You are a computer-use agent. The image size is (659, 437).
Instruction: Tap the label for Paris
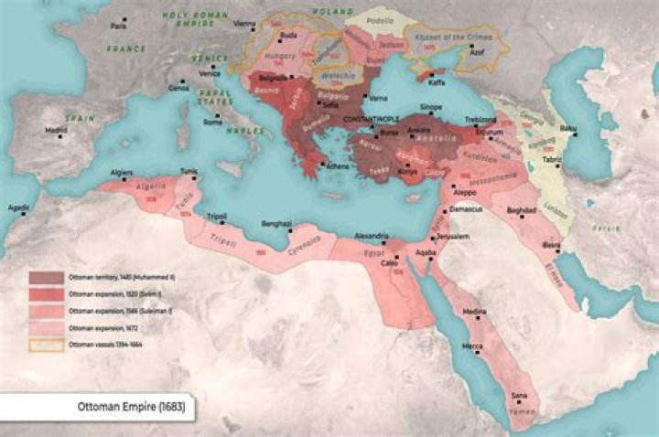[118, 27]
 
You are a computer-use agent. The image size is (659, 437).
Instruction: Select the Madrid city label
[57, 130]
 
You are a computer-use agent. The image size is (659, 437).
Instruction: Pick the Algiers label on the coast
[121, 171]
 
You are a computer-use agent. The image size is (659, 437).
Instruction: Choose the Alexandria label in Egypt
[373, 236]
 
